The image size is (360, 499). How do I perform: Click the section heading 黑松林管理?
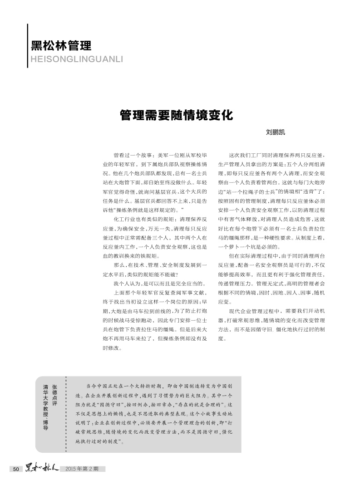61,45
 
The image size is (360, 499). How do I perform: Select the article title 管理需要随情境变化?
177,114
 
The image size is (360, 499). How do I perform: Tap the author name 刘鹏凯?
275,133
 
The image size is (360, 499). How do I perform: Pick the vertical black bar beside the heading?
28,45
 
